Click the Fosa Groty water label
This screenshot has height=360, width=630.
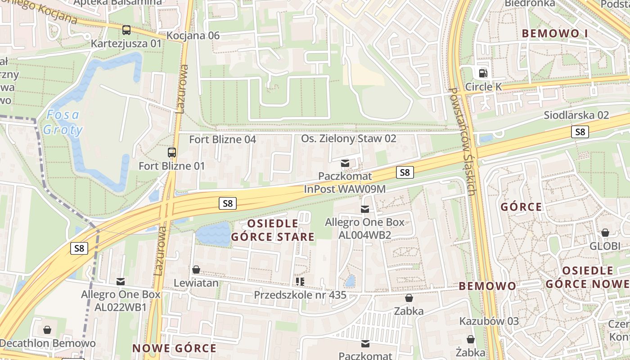(63, 122)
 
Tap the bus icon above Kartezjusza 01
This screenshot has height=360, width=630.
(126, 30)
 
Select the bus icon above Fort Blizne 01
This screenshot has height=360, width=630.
(172, 152)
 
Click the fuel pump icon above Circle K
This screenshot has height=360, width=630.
(483, 73)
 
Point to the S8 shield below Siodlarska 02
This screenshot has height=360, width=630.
(580, 132)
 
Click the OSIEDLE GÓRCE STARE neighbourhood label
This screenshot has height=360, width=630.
(273, 230)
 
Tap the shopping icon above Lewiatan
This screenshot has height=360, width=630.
(196, 270)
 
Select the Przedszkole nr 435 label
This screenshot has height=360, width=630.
(300, 295)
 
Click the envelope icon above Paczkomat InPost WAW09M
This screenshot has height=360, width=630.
(345, 163)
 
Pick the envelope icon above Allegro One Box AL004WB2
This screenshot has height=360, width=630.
(364, 209)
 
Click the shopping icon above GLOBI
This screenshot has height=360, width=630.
(605, 233)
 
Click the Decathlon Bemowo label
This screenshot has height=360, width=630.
(47, 343)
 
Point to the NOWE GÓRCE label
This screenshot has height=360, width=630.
(175, 348)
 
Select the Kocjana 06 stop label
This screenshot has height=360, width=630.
(193, 36)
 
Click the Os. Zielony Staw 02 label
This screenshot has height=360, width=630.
(349, 139)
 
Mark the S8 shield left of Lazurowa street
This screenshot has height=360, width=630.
(79, 248)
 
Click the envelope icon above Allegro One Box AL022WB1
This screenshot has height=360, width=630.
(121, 282)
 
